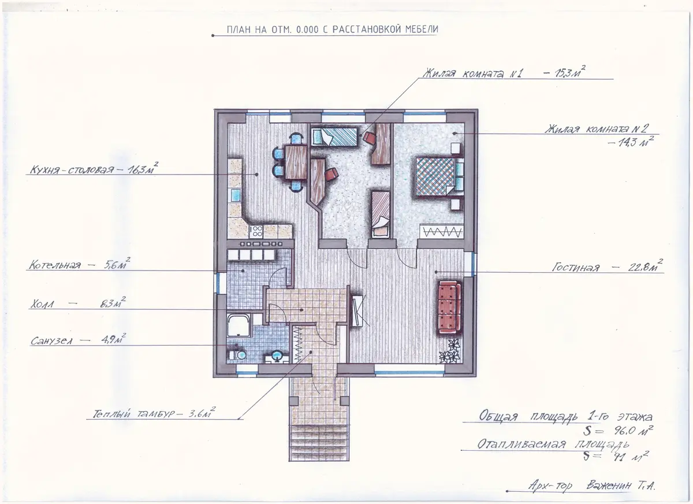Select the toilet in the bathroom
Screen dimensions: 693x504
237,354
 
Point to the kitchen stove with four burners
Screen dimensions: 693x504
256,232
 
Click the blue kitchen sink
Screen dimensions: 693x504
236,195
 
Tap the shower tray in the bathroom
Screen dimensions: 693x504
239,325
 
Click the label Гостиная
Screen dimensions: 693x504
576,267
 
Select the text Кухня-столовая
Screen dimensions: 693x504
72,169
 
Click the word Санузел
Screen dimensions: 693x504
51,341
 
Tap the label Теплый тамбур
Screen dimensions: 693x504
134,414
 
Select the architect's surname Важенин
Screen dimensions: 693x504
609,486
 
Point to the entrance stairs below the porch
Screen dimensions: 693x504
319,443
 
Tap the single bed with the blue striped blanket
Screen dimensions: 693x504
334,137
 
